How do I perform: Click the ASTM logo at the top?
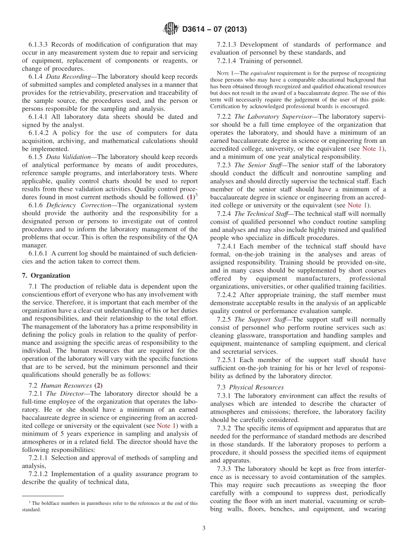[x=171, y=29]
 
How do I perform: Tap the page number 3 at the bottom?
[x=204, y=528]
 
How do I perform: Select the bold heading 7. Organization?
[x=46, y=275]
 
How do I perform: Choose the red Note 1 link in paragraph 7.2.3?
[x=357, y=205]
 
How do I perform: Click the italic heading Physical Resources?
[x=256, y=387]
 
